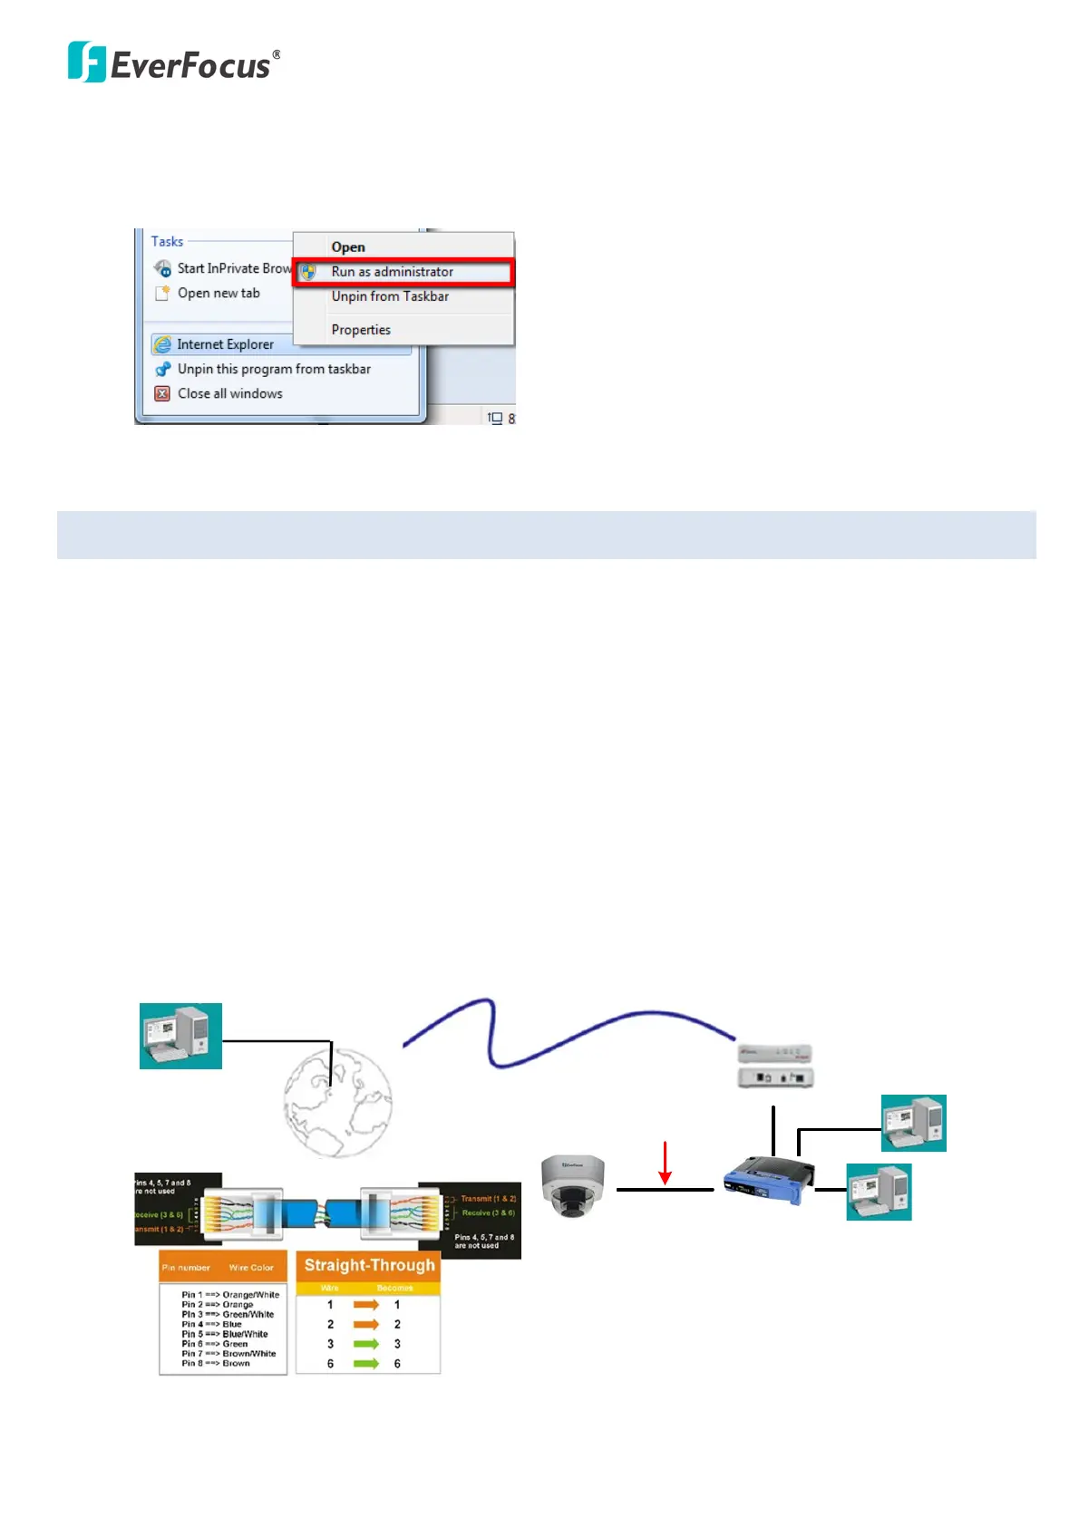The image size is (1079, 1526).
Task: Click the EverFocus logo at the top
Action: (x=174, y=63)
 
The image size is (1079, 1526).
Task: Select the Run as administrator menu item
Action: (x=392, y=272)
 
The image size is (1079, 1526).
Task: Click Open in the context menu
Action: (x=348, y=247)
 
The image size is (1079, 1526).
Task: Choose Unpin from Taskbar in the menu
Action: (x=390, y=296)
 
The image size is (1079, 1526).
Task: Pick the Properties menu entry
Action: (x=361, y=330)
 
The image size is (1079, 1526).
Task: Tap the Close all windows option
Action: (x=229, y=393)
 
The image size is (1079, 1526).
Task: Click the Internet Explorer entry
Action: (x=225, y=344)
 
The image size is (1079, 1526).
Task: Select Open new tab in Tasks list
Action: (x=219, y=293)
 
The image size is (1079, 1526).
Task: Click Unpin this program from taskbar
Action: (x=274, y=369)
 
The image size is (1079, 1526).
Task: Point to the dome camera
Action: (x=573, y=1185)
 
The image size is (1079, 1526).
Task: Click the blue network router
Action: (x=767, y=1179)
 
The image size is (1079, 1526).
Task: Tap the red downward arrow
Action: (x=665, y=1164)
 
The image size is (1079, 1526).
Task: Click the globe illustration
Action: (x=337, y=1103)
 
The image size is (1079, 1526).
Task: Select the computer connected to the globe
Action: (x=180, y=1036)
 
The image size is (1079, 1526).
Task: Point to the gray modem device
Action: (x=775, y=1066)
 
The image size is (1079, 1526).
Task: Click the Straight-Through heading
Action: (x=369, y=1265)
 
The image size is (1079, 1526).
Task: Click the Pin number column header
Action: (x=186, y=1268)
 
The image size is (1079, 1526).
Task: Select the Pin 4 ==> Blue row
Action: (x=212, y=1324)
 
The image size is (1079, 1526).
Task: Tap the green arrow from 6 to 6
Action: (x=365, y=1364)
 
